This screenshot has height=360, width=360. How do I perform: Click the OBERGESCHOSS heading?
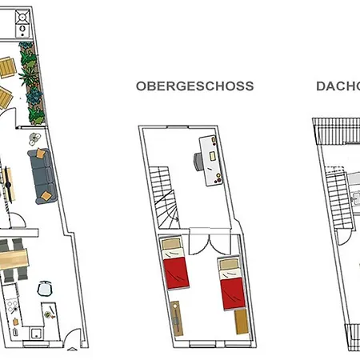coord(195,85)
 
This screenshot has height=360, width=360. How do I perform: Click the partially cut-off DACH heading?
coord(337,85)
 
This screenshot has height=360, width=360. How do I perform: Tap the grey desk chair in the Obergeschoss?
coord(196,162)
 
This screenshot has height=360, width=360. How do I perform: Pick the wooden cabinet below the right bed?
coord(241,322)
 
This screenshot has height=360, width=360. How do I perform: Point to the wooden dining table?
coord(17,258)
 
